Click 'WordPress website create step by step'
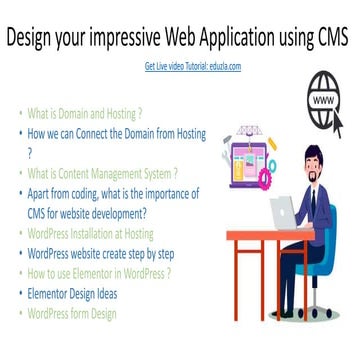[x=101, y=252]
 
